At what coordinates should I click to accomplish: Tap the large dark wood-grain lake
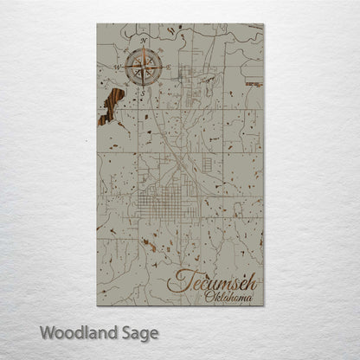(110, 107)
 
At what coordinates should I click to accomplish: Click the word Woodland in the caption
(76, 331)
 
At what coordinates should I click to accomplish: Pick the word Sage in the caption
(138, 332)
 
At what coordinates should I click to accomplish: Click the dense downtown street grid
(170, 201)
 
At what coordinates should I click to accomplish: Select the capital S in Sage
(125, 331)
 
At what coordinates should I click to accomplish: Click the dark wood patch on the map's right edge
(254, 84)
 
